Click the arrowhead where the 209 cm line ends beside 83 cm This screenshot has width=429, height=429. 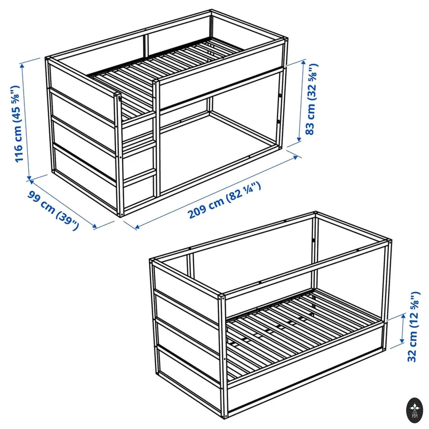pos(296,157)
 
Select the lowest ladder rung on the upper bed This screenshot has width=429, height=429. pos(139,176)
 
